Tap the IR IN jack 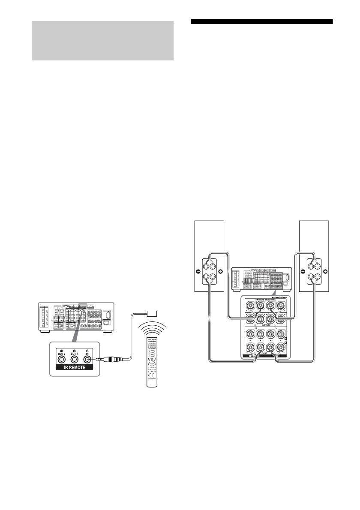click(x=87, y=360)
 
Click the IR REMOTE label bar click(x=73, y=369)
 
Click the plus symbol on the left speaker click(x=221, y=271)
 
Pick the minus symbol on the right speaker click(x=303, y=271)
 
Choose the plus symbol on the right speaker click(x=326, y=271)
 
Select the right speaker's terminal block click(x=314, y=271)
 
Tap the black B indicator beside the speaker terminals click(x=285, y=339)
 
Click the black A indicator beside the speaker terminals click(x=285, y=344)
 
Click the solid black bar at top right click(x=261, y=21)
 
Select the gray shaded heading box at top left click(x=102, y=41)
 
